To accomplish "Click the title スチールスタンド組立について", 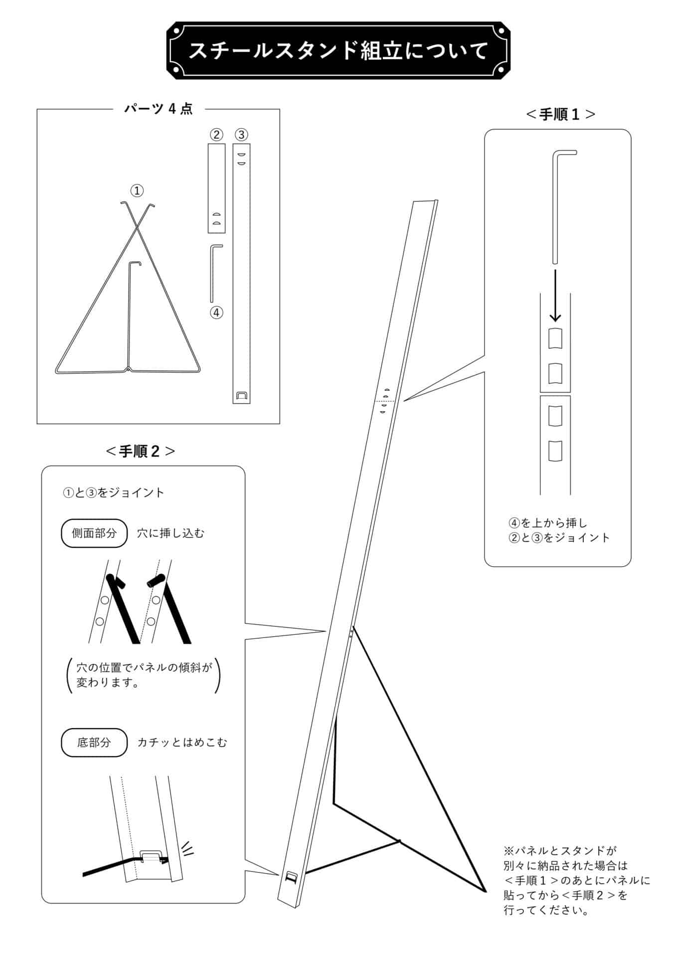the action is [338, 51].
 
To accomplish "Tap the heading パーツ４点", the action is [158, 109].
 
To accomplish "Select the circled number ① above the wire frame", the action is [137, 190].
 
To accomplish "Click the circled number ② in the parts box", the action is [216, 135].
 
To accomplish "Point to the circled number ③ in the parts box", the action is [241, 135].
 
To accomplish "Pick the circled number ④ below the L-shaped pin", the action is [216, 313].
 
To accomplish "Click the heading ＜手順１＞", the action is [560, 114].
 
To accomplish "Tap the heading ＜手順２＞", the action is [141, 451].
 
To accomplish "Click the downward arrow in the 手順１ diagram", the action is [555, 296].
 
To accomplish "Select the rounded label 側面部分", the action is [94, 533].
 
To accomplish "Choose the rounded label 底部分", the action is [94, 742].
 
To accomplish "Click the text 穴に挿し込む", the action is [171, 533].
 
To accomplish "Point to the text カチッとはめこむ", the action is [182, 743].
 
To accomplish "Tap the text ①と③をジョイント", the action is [114, 492].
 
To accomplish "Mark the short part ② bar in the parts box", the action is [216, 188].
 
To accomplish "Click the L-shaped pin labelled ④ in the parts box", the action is [211, 273].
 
